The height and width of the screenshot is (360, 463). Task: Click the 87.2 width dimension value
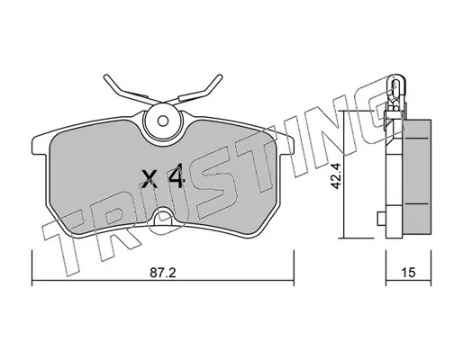[x=162, y=273]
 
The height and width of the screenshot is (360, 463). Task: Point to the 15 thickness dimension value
[x=408, y=273]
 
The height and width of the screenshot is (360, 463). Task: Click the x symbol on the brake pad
[x=150, y=179]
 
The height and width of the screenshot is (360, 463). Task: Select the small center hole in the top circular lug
[x=162, y=121]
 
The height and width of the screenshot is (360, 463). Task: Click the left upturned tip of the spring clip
[x=105, y=77]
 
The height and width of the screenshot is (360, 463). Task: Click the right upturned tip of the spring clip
[x=219, y=77]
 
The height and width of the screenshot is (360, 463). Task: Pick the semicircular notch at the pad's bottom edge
[x=162, y=217]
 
